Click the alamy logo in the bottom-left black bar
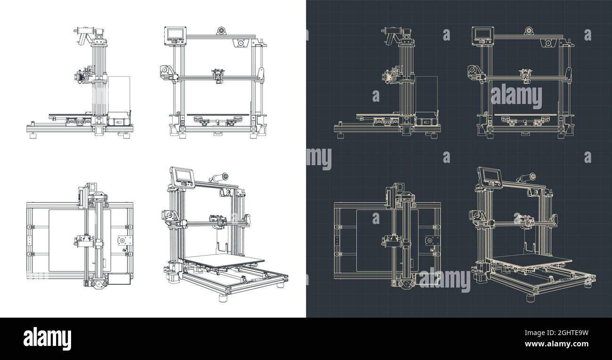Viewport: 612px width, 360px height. click(x=47, y=338)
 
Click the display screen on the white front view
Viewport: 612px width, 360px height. click(x=174, y=34)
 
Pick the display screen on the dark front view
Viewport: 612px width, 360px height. click(x=483, y=34)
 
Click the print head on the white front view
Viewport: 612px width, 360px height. click(x=217, y=76)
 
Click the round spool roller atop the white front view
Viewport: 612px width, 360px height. click(x=220, y=31)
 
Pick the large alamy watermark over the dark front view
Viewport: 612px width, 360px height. click(x=516, y=96)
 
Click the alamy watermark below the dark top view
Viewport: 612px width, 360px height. click(x=444, y=280)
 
